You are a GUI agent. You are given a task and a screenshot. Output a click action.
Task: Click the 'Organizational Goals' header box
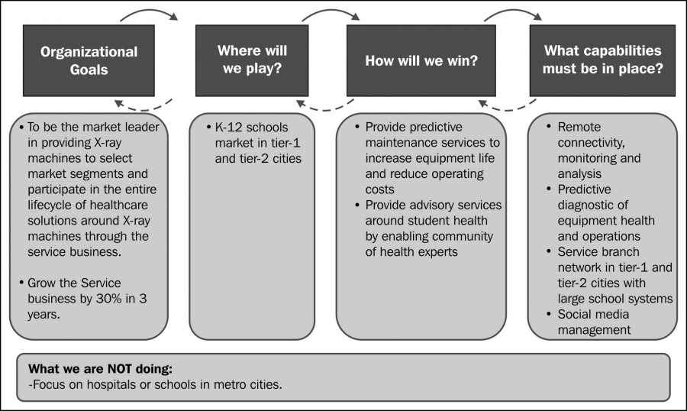tap(89, 60)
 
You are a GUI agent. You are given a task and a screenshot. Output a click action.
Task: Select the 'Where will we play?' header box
tap(252, 60)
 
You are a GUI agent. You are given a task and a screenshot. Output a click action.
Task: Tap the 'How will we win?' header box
tap(421, 60)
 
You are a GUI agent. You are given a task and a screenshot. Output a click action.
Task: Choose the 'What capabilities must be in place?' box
tap(602, 60)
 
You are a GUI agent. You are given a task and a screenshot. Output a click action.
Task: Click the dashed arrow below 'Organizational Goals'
tap(143, 108)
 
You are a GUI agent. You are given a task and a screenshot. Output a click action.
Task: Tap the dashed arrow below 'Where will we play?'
tap(324, 108)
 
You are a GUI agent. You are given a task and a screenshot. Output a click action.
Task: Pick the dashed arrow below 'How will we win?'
tap(507, 108)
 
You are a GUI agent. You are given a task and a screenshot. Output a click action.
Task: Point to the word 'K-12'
tap(229, 128)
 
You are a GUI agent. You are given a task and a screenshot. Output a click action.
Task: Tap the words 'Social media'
tap(593, 315)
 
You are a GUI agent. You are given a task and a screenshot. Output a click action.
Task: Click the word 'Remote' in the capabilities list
tap(579, 128)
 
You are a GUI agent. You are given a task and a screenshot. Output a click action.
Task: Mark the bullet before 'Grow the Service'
tap(21, 283)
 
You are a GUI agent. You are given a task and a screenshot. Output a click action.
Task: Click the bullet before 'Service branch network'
tap(549, 251)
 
